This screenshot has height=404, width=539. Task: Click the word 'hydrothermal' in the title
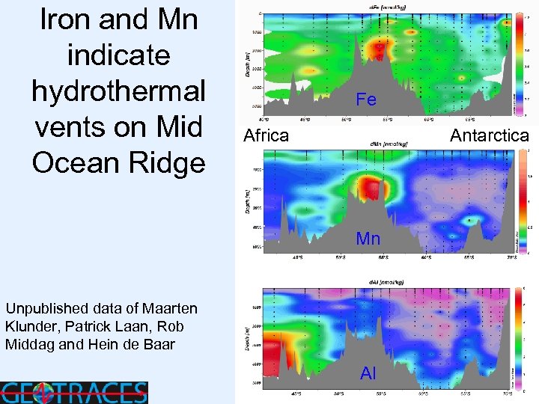(118, 90)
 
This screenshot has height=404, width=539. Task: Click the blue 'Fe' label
(366, 99)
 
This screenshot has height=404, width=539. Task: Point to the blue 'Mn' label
(368, 239)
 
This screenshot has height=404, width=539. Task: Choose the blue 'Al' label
(368, 373)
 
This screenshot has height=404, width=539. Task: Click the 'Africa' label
(267, 135)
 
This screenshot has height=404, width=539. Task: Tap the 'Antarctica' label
(489, 135)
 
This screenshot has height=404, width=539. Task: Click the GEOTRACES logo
(74, 392)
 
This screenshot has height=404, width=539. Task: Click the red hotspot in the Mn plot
(368, 187)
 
